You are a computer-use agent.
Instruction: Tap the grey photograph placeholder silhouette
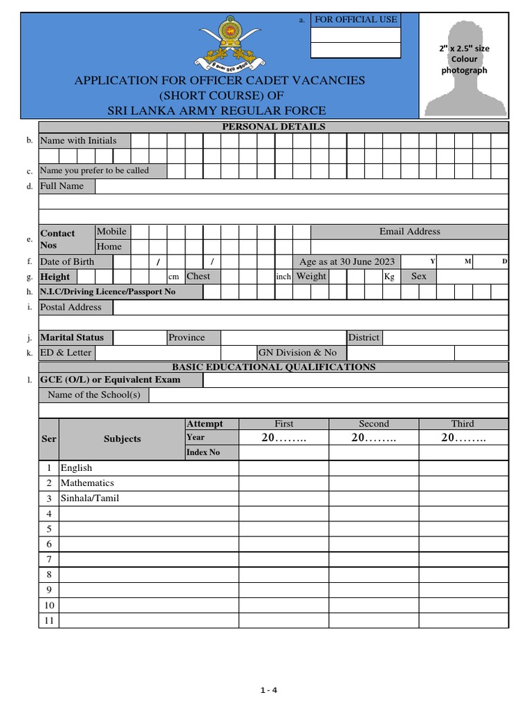(x=464, y=66)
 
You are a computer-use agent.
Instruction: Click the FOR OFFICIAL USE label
(x=355, y=19)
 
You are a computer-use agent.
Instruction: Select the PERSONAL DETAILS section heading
(x=273, y=127)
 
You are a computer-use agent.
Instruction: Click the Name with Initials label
(x=77, y=140)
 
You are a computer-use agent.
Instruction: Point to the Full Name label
(x=62, y=186)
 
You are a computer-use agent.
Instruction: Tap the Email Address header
(x=409, y=232)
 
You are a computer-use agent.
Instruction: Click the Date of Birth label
(x=66, y=261)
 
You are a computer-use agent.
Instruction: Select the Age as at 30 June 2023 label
(x=346, y=261)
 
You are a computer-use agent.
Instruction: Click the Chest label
(x=198, y=276)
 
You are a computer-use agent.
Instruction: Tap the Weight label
(x=311, y=276)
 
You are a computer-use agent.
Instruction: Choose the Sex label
(x=419, y=276)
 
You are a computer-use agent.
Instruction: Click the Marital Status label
(x=72, y=337)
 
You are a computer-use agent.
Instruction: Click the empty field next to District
(x=445, y=337)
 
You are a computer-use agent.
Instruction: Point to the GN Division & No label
(x=297, y=353)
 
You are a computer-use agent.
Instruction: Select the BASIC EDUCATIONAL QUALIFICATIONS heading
(x=273, y=367)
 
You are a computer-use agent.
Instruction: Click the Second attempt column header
(x=373, y=424)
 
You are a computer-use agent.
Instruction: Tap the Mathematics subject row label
(x=87, y=483)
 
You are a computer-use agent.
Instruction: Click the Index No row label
(x=203, y=452)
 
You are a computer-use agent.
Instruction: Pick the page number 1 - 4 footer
(x=269, y=689)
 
